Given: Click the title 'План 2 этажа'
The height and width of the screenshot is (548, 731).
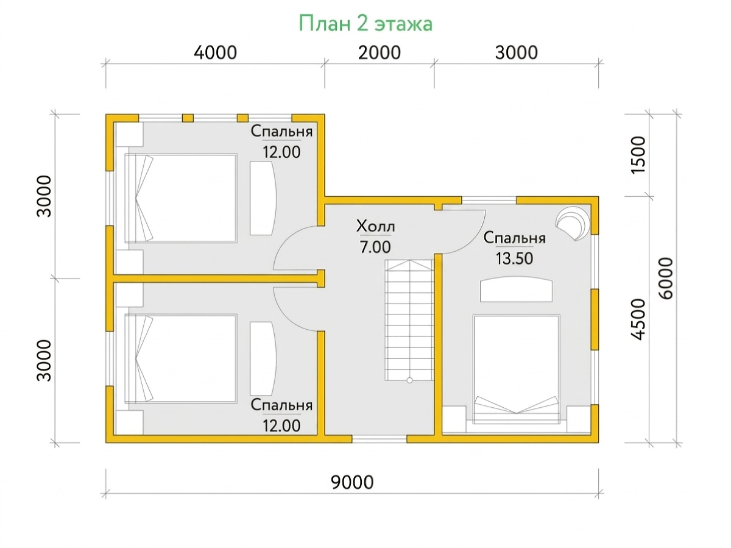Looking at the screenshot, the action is click(x=365, y=23).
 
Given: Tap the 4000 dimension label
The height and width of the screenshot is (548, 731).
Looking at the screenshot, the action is click(x=215, y=52).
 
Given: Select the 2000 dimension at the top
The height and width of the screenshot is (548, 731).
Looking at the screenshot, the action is click(x=379, y=52).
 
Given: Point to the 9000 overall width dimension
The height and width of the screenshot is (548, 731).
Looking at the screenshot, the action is click(x=352, y=482).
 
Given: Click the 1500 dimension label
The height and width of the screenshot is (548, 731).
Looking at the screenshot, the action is click(x=638, y=155).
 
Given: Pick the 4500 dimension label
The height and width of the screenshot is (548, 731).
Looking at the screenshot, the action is click(x=638, y=319).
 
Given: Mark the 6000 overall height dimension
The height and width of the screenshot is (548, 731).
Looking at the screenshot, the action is click(x=666, y=278).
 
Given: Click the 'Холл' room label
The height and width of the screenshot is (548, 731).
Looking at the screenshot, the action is click(x=375, y=226).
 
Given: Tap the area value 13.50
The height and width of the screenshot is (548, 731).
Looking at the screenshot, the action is click(x=514, y=258).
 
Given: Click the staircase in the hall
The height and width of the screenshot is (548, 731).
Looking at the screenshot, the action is click(x=409, y=320).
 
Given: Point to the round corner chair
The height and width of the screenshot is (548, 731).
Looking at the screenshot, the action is click(x=573, y=223).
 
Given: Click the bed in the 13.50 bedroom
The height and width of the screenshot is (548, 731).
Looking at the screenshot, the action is click(x=516, y=369).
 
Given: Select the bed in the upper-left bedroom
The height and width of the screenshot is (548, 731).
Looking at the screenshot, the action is click(x=181, y=198).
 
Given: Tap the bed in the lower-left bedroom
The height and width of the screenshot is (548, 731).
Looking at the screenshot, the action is click(x=181, y=358).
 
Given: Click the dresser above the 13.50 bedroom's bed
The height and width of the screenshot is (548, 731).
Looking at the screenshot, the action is click(x=516, y=290).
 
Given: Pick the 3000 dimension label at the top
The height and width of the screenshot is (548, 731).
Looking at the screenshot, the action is click(x=516, y=52).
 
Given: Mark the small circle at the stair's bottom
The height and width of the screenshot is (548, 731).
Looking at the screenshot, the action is click(x=409, y=380).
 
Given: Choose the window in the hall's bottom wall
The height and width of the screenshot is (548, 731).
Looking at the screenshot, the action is click(x=380, y=439).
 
